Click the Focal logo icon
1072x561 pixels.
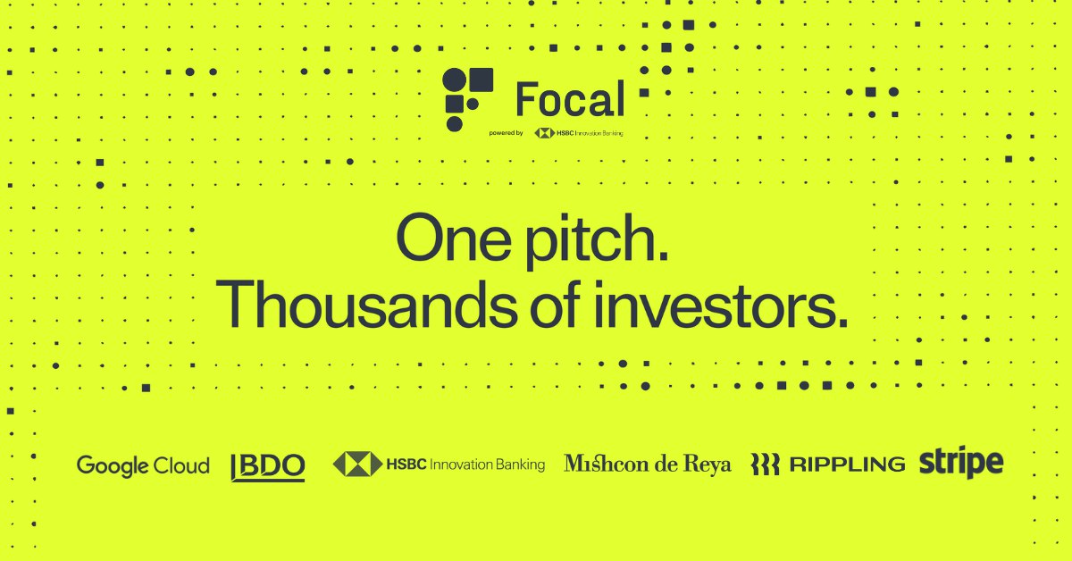[x=467, y=99]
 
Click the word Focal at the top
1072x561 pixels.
[x=571, y=98]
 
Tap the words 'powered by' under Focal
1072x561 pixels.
[x=506, y=133]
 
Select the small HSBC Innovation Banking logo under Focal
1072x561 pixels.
[x=579, y=133]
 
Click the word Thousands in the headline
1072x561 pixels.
[x=366, y=305]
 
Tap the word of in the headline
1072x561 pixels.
[x=555, y=305]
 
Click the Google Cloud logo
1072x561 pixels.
[x=143, y=465]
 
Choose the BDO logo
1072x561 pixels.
[x=267, y=466]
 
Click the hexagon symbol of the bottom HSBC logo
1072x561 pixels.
[x=357, y=465]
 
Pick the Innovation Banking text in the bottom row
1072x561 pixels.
[x=487, y=465]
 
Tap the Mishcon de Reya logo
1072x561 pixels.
[x=648, y=465]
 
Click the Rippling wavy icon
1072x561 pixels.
[x=765, y=465]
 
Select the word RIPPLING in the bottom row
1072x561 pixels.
[x=847, y=465]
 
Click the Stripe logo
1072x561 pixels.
[x=961, y=462]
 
